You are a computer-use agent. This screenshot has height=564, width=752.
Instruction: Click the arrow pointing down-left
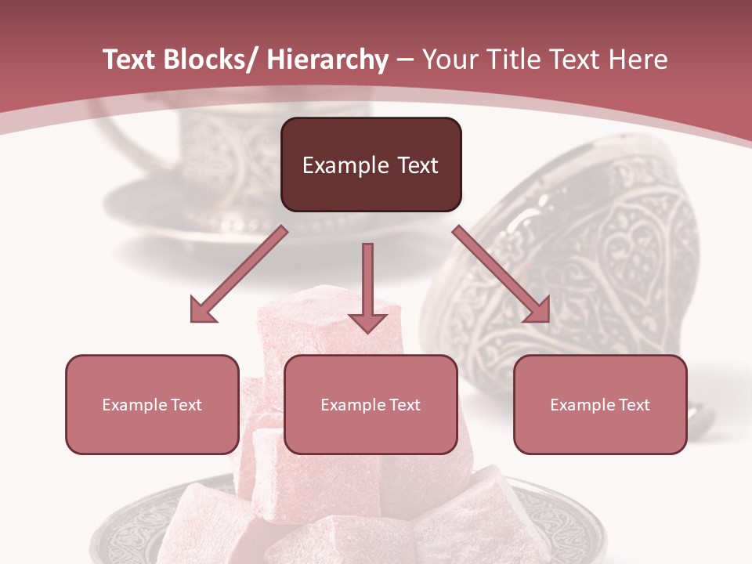pyautogui.click(x=238, y=274)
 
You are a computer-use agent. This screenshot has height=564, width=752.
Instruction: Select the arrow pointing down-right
pyautogui.click(x=501, y=274)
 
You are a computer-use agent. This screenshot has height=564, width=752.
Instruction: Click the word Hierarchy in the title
pyautogui.click(x=327, y=60)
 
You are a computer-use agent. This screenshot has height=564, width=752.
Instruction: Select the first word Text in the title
pyautogui.click(x=132, y=60)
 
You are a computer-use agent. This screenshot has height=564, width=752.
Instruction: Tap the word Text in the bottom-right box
pyautogui.click(x=634, y=405)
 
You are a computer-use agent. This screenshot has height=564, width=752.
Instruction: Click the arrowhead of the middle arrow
pyautogui.click(x=367, y=321)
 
